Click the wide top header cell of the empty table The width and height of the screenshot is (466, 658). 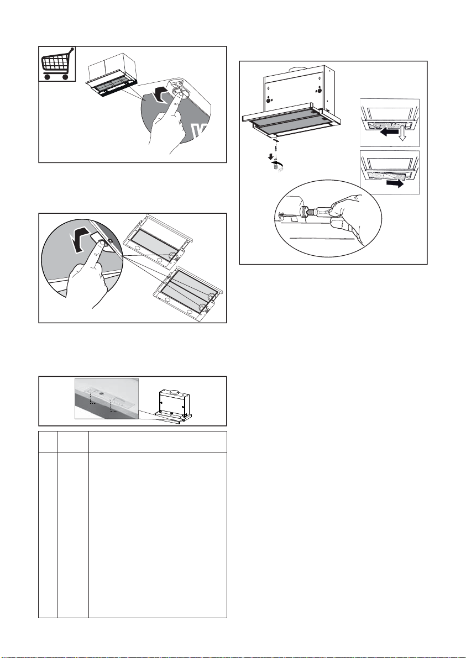point(157,441)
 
